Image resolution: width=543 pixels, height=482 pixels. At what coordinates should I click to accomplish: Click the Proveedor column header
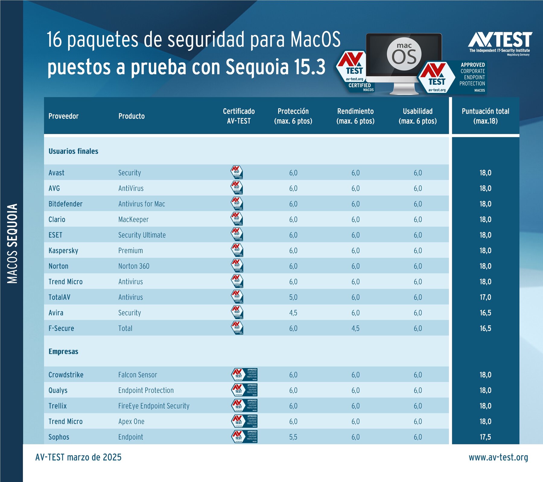(63, 116)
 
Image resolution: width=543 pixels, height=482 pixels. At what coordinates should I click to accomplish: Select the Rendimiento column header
(355, 116)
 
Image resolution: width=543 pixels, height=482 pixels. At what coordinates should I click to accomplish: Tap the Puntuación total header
(485, 116)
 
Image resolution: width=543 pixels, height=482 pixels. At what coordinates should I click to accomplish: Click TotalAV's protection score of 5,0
(293, 297)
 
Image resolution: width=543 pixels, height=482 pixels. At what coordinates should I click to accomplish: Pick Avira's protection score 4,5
(293, 313)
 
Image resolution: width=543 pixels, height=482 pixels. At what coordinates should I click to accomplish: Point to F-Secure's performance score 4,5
(355, 328)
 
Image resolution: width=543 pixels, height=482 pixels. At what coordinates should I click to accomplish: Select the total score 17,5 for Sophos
(485, 437)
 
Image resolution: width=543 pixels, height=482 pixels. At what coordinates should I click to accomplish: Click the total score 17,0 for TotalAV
(485, 297)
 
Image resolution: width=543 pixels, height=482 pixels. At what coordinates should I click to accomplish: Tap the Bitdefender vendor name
(65, 204)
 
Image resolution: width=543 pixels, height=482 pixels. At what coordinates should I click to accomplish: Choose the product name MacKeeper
(133, 219)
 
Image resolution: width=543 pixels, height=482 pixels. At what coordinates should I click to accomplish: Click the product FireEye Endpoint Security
(154, 406)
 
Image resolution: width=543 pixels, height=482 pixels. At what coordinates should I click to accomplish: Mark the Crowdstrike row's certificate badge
(244, 375)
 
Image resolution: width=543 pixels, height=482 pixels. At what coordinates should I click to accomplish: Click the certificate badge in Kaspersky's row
(237, 250)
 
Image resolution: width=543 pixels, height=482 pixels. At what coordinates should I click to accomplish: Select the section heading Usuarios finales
(73, 151)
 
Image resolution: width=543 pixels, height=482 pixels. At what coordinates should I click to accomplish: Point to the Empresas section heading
(63, 351)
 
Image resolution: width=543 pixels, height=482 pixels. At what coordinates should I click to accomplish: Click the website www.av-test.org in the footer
(498, 457)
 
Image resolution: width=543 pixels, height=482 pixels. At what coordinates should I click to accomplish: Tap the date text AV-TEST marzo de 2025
(78, 457)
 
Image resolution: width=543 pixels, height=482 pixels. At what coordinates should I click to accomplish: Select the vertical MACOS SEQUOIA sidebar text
(12, 244)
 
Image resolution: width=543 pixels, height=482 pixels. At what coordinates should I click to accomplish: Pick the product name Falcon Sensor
(138, 375)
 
